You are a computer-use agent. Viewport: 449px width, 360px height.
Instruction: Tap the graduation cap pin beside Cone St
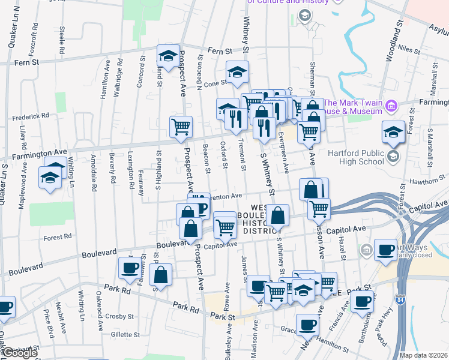point(238,72)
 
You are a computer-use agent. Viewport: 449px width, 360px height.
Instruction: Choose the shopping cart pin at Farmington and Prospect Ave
point(181,127)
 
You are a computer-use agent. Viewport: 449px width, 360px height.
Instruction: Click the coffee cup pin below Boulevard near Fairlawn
point(128,268)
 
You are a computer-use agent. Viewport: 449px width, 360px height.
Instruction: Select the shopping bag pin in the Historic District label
point(277,215)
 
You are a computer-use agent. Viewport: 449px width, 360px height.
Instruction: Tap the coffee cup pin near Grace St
point(307,324)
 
